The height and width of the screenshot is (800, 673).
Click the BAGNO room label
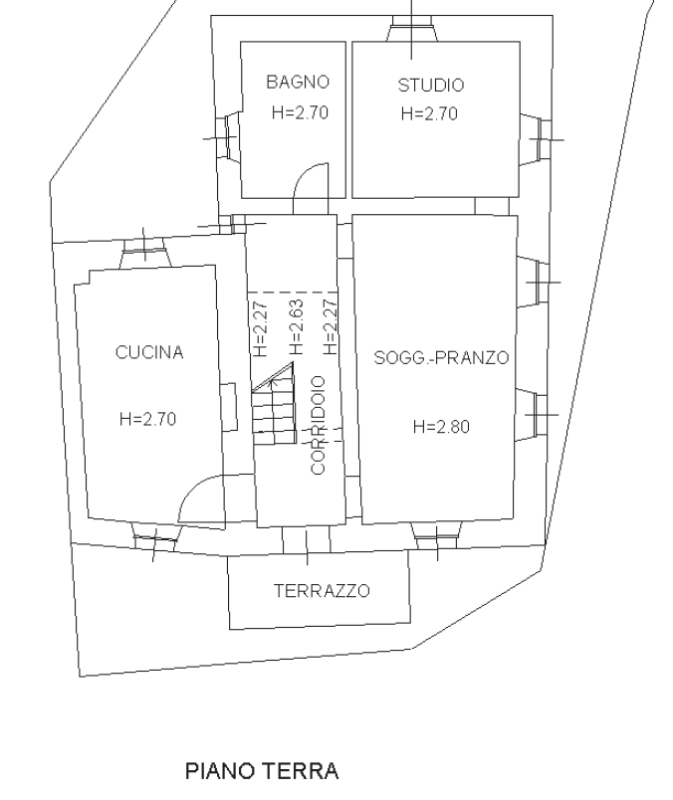coord(298,82)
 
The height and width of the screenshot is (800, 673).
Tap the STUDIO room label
coord(431,85)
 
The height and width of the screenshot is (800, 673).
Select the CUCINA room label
coord(149,352)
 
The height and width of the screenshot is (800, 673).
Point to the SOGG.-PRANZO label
coord(442,357)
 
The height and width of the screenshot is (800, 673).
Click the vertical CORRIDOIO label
coord(318,425)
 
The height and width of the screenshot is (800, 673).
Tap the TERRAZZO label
coord(322,590)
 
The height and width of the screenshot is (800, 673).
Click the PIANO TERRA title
coord(262,771)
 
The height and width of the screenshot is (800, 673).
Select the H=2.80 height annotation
coord(441,426)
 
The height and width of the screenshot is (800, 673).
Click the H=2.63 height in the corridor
coord(296,327)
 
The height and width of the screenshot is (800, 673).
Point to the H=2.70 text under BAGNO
coord(300,112)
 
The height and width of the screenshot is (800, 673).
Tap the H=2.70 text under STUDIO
coord(429,113)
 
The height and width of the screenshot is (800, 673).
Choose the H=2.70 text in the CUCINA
coord(147,419)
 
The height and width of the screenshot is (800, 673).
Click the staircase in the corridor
coord(274,404)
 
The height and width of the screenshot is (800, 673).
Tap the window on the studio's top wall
coord(411,28)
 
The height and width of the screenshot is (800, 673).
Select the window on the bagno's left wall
coord(228,137)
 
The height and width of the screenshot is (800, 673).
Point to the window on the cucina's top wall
coord(145,251)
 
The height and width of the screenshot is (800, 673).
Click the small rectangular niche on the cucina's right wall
coord(229,407)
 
